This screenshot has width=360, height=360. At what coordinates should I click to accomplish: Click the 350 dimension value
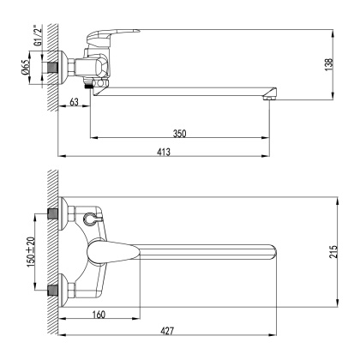click(179, 133)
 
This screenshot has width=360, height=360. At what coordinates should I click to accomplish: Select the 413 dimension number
click(164, 151)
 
